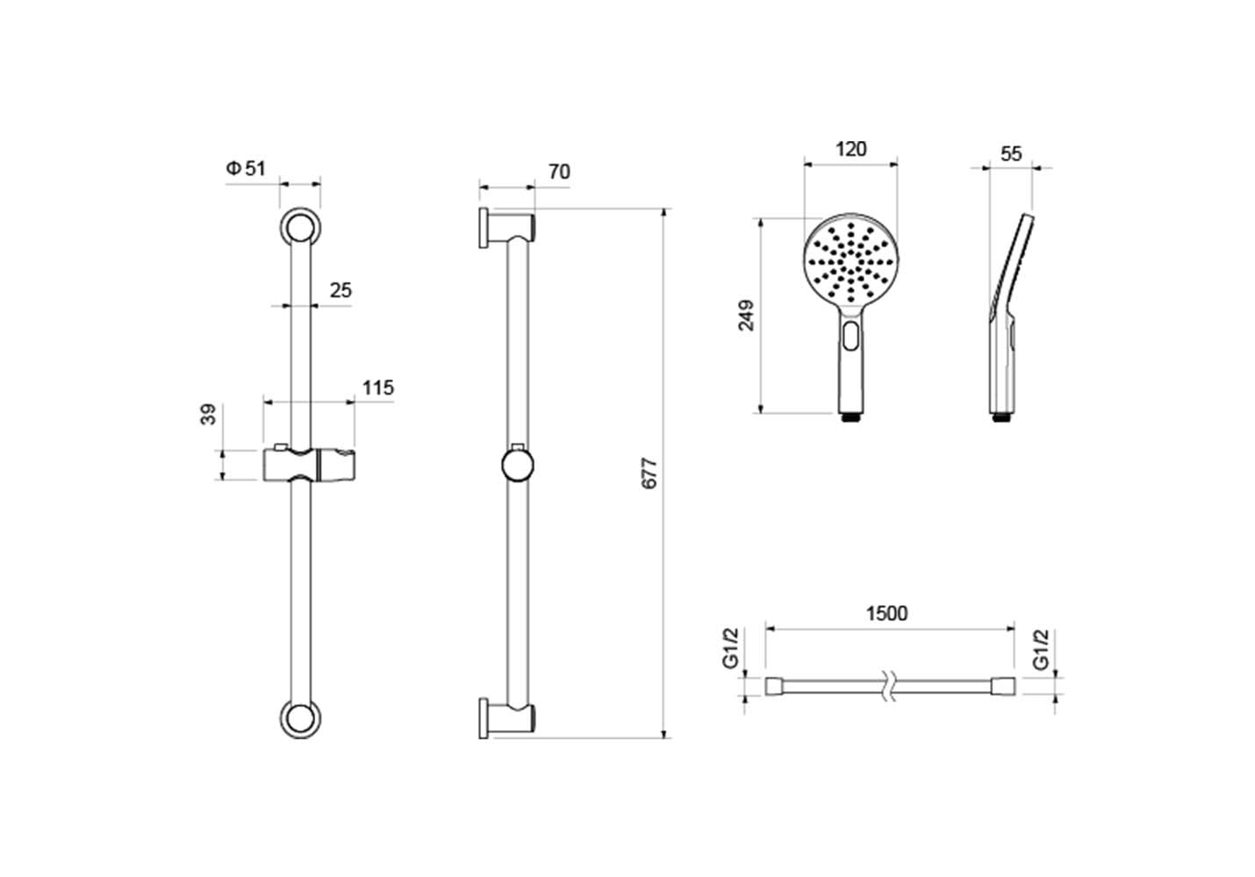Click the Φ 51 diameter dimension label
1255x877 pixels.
(x=246, y=168)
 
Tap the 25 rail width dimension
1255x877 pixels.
(x=341, y=290)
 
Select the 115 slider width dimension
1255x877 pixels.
(x=378, y=388)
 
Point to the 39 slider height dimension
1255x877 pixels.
(x=208, y=415)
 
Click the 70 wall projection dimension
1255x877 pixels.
(x=559, y=172)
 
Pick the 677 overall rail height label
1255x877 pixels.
(x=649, y=474)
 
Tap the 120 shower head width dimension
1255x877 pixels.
(x=851, y=149)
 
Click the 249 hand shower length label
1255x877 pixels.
(x=746, y=316)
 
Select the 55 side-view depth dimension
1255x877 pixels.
(x=1011, y=153)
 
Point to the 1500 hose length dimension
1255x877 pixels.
(x=887, y=614)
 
